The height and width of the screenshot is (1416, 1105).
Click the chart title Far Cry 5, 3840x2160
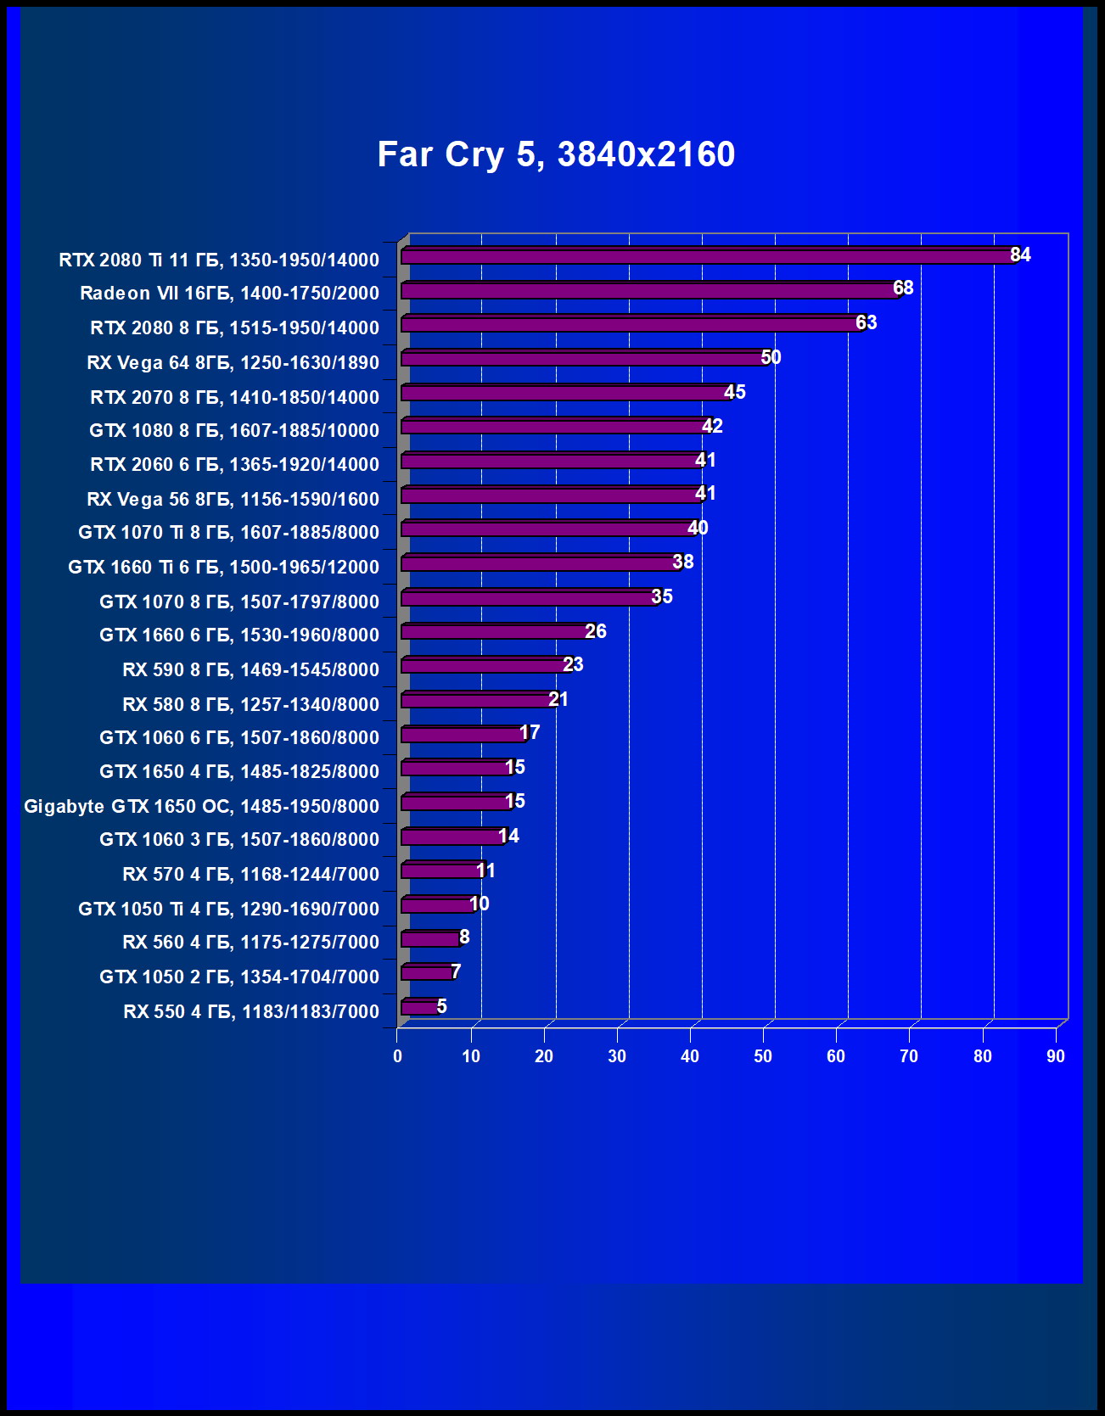pos(556,154)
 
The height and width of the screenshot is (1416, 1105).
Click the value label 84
pos(1020,255)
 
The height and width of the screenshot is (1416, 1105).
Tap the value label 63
pos(866,322)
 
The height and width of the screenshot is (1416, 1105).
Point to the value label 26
pos(596,631)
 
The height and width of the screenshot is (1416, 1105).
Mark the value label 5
pos(441,1006)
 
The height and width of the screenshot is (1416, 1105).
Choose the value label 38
pos(683,562)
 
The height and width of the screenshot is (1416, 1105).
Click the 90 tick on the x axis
pos(1055,1056)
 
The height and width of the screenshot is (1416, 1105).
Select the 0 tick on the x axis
pos(397,1056)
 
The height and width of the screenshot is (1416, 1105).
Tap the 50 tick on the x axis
pos(763,1056)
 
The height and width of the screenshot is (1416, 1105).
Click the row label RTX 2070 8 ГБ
pos(234,397)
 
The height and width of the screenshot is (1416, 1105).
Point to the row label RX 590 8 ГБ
pos(250,669)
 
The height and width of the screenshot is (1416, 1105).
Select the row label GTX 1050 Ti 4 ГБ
pos(228,909)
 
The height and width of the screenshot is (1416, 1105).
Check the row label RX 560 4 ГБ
pos(250,942)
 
